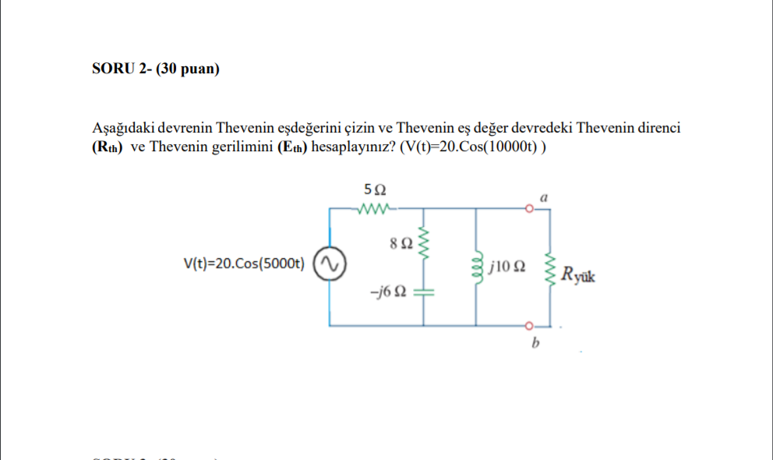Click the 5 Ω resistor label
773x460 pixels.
[375, 189]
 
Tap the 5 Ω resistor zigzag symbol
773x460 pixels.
[375, 209]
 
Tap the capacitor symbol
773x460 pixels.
[424, 293]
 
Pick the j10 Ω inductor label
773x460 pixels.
[508, 266]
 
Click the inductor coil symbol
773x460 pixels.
[477, 266]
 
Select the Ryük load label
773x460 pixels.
[578, 274]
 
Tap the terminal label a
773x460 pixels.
[544, 198]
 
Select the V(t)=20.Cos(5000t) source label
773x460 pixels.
[244, 264]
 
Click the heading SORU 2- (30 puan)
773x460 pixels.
[156, 69]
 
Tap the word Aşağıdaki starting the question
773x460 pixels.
[119, 128]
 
